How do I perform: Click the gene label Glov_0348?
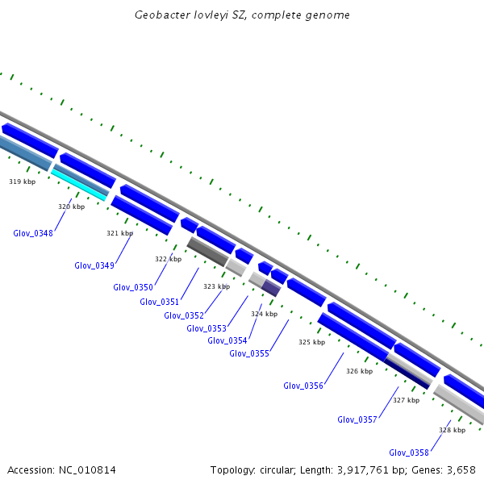[x=33, y=233]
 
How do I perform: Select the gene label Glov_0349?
[x=94, y=265]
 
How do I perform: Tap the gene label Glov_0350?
[x=133, y=287]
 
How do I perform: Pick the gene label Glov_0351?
[x=160, y=302]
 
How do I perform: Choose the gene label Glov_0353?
[x=207, y=328]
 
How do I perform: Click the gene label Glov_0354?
[x=227, y=340]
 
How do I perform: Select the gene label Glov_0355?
[x=249, y=353]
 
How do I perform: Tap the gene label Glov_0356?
[x=303, y=386]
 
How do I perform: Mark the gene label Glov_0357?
[x=357, y=419]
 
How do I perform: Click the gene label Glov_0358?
[x=409, y=453]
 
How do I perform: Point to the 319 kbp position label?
[x=23, y=182]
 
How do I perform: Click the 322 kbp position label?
[x=168, y=260]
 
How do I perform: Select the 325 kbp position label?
[x=311, y=343]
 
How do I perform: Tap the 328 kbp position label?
[x=452, y=431]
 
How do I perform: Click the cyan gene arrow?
[x=78, y=183]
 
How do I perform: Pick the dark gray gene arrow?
[x=207, y=252]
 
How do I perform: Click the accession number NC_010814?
[x=61, y=469]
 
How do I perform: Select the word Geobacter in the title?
[x=161, y=15]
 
